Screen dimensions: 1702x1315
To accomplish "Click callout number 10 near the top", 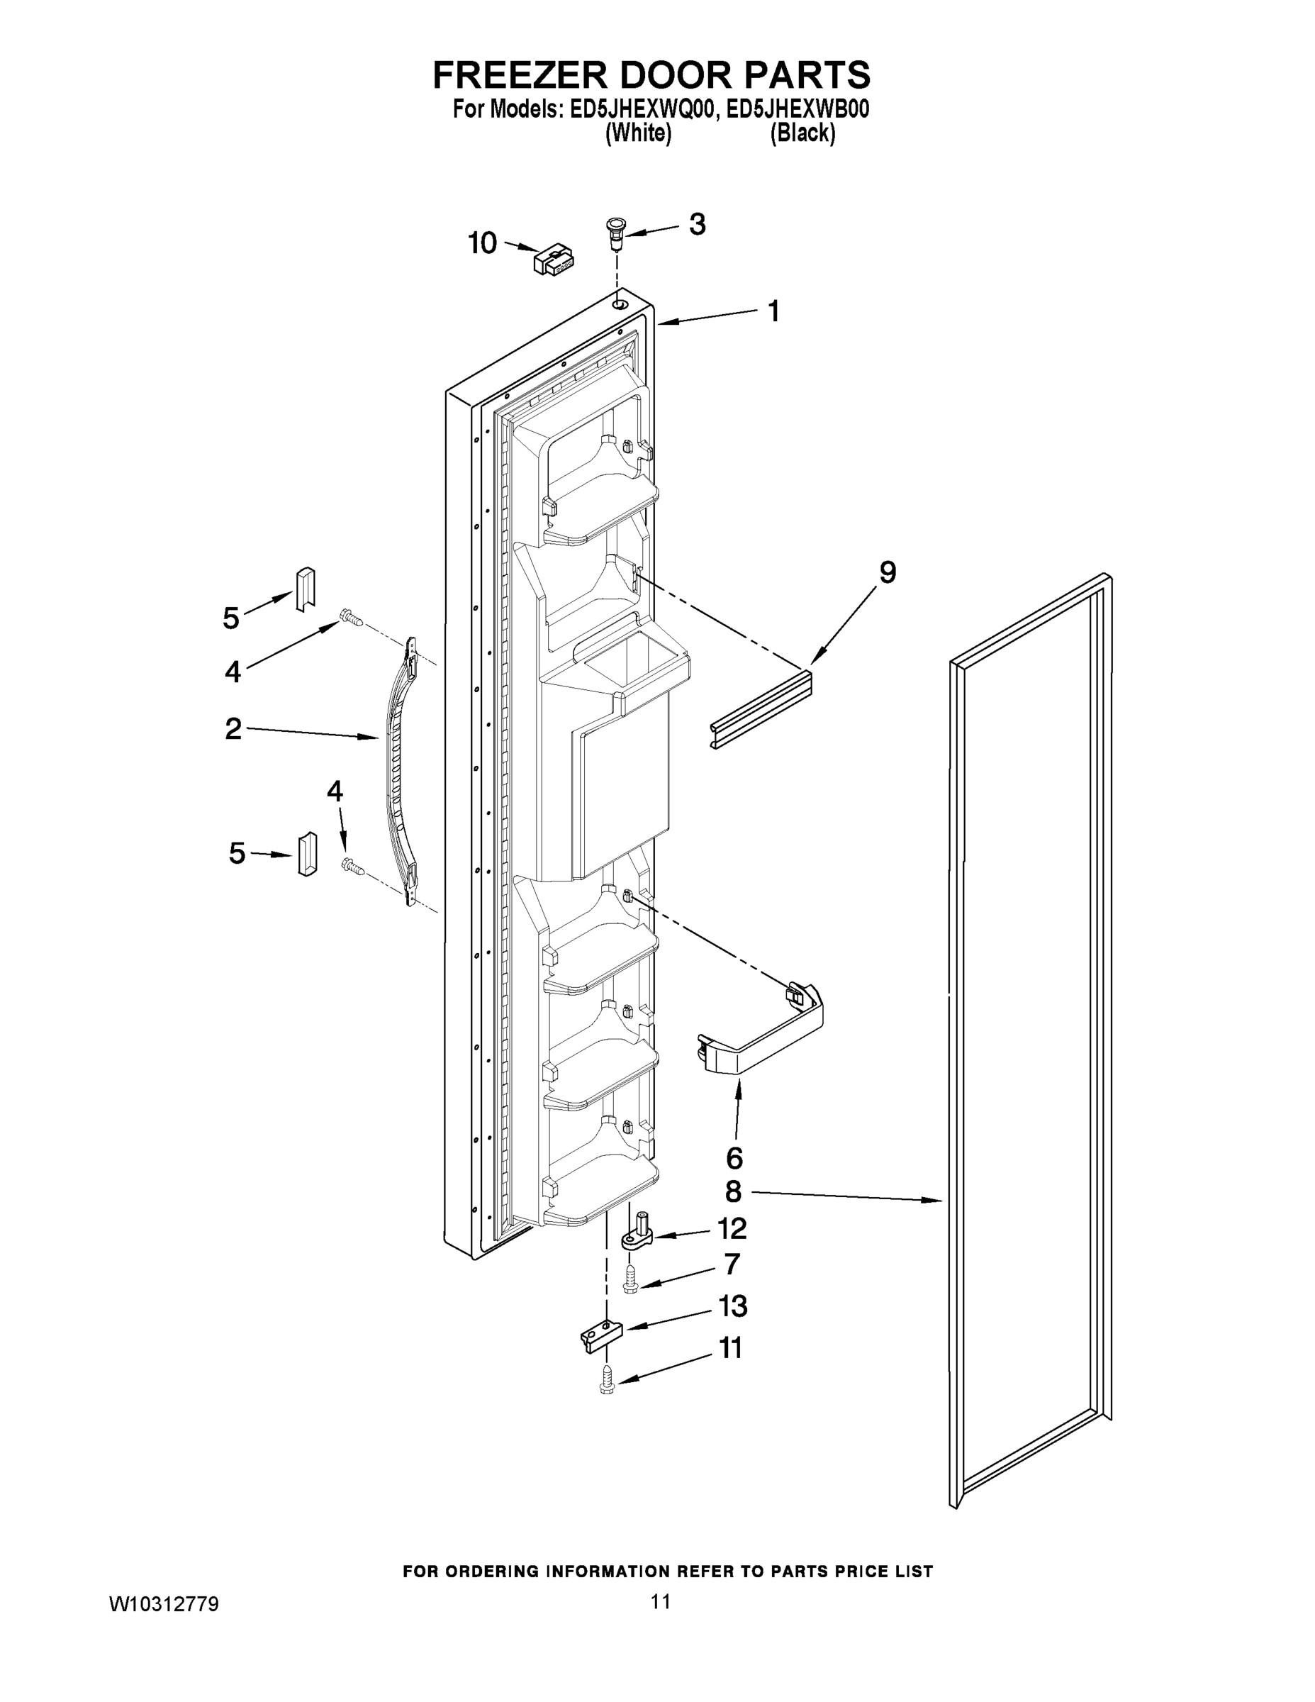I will click(x=482, y=243).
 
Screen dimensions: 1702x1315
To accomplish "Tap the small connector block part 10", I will click(x=553, y=260).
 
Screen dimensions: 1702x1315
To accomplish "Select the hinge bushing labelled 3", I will click(x=616, y=231).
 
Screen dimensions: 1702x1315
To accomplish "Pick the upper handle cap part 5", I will click(x=305, y=590).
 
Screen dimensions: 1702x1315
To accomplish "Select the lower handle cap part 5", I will click(x=307, y=854).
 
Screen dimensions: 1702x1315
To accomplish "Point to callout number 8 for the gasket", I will click(x=733, y=1191).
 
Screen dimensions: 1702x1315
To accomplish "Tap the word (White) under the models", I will click(x=638, y=133).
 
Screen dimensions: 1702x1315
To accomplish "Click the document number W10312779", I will click(x=164, y=1604).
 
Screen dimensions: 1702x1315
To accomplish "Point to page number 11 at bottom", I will click(x=661, y=1601).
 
